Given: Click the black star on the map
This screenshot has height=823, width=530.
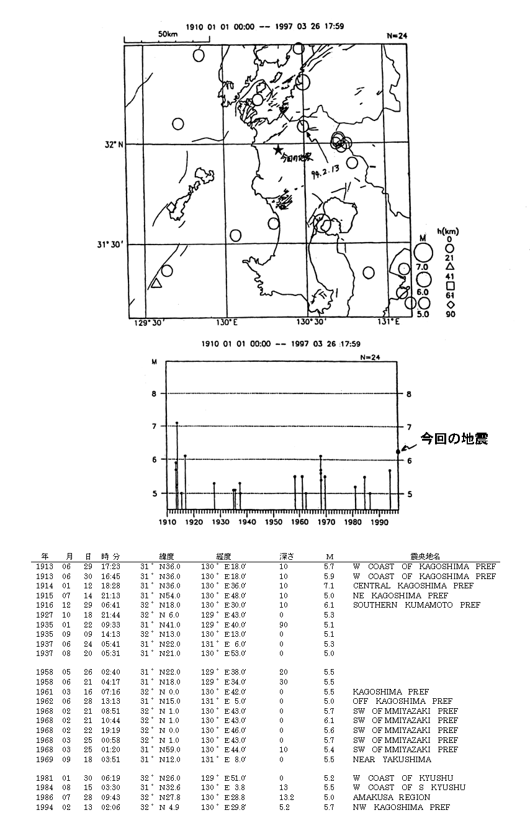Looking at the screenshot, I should (278, 150).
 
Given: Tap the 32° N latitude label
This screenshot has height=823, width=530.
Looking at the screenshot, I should (114, 144).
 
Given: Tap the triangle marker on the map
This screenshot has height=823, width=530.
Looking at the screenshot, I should (156, 284).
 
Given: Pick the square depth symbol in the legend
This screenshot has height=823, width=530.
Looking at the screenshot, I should (451, 286).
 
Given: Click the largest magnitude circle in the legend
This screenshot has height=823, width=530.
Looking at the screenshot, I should (423, 253).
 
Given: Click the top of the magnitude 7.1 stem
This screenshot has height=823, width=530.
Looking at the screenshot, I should (177, 423).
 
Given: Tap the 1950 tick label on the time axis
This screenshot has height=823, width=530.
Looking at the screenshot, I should (274, 522).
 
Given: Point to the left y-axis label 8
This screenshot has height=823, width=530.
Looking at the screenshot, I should (155, 393).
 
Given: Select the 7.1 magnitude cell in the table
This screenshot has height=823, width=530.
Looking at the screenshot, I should (330, 586).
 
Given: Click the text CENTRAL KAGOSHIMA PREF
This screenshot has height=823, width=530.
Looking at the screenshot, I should (413, 586).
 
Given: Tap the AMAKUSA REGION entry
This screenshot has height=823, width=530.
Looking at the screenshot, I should (392, 798).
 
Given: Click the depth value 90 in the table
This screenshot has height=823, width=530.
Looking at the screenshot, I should (283, 624).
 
